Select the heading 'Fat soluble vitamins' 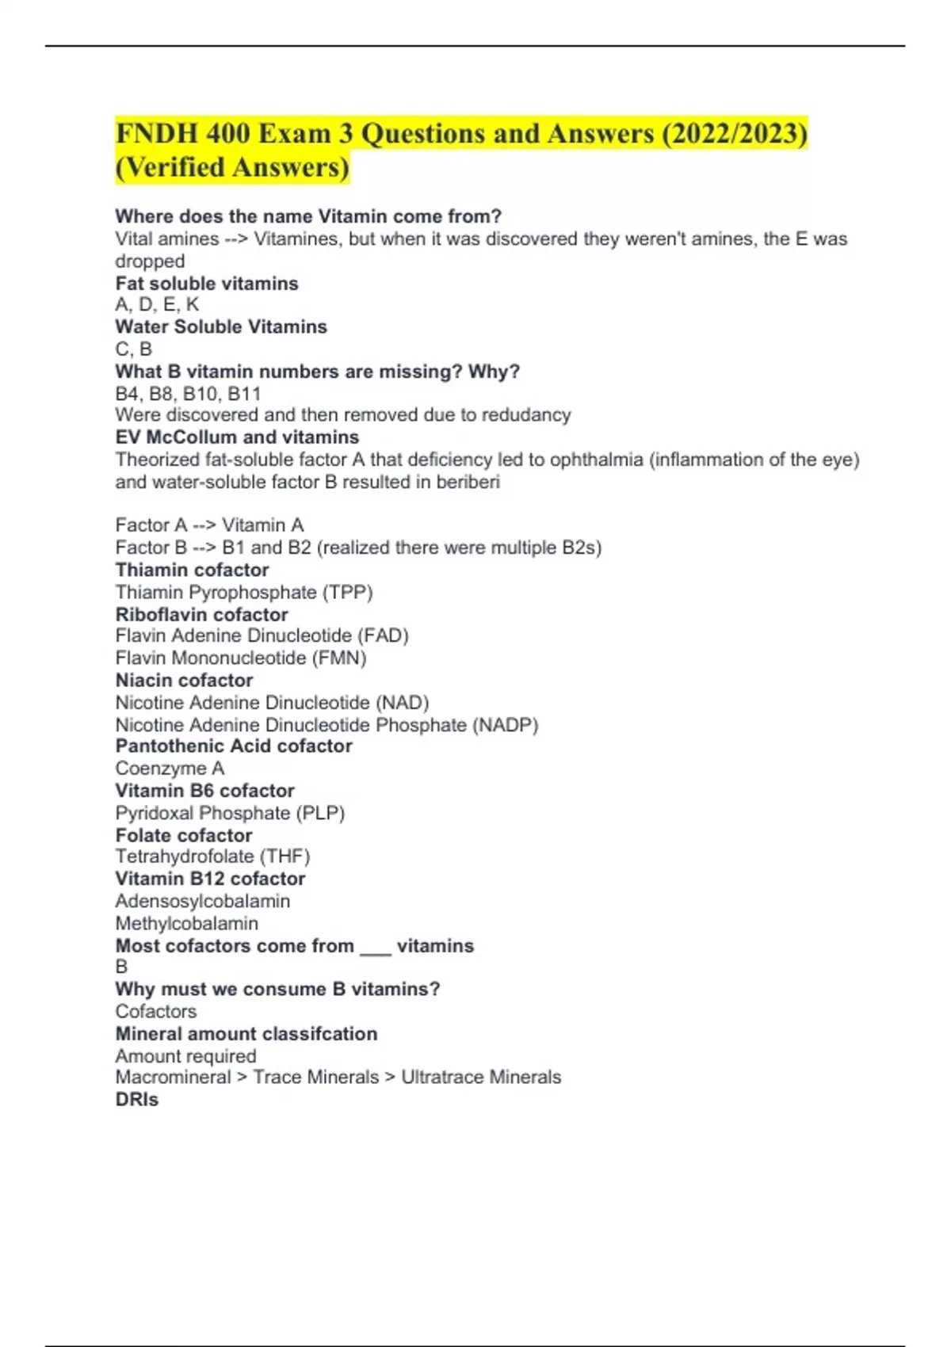coord(207,284)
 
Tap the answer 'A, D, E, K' coord(157,305)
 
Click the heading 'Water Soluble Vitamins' coord(221,326)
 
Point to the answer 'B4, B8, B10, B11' coord(188,394)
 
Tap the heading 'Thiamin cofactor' coord(192,570)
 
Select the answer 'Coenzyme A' coord(170,768)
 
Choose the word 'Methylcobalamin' coord(187,923)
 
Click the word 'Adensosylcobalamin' coord(203,901)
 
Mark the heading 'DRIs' coord(137,1100)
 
